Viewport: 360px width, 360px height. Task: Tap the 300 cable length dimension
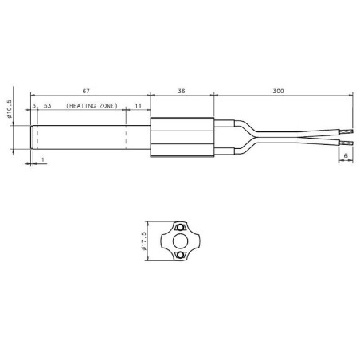(x=278, y=92)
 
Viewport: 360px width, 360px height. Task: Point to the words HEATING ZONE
(x=91, y=106)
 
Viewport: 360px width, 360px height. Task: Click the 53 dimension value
(x=49, y=106)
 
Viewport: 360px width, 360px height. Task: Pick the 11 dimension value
(x=139, y=106)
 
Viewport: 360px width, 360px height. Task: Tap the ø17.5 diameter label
(x=144, y=240)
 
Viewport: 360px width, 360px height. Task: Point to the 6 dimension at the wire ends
(x=346, y=157)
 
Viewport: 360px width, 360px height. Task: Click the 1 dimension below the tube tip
(x=41, y=159)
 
